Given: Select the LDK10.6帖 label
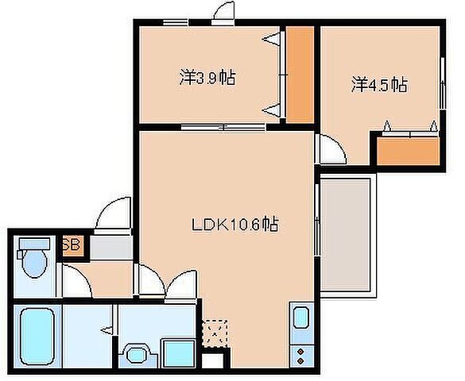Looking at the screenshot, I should [x=234, y=225].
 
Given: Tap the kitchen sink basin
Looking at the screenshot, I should [x=301, y=319].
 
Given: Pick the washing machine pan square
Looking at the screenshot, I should [x=176, y=349].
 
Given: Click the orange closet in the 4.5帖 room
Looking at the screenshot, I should [x=408, y=150].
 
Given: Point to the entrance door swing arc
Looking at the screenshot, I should [x=112, y=214].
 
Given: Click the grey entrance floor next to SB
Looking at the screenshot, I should [x=110, y=247].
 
